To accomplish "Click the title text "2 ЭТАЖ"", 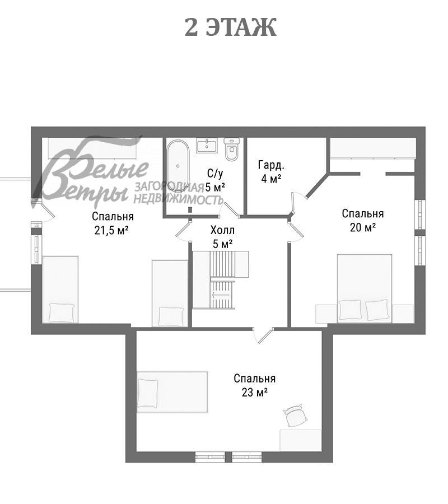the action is (x=230, y=27).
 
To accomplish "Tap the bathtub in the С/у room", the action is (x=178, y=166).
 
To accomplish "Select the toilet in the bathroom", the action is (x=232, y=150).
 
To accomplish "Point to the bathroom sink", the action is (x=207, y=146).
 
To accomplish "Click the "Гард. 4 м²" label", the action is (x=271, y=172).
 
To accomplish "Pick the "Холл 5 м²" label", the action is (x=222, y=237).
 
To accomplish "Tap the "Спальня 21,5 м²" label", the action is (x=113, y=223).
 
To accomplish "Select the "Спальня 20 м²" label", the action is (x=363, y=220).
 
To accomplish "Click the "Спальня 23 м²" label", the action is (x=255, y=385).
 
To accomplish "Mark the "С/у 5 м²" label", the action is (x=215, y=180).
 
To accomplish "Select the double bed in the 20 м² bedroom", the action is (x=365, y=288).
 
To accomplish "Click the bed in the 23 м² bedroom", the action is (x=172, y=392).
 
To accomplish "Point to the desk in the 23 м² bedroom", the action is (x=301, y=440).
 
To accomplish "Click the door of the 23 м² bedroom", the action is (x=265, y=336).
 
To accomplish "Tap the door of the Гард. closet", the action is (x=293, y=203).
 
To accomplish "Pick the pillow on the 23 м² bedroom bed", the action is (x=147, y=394).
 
